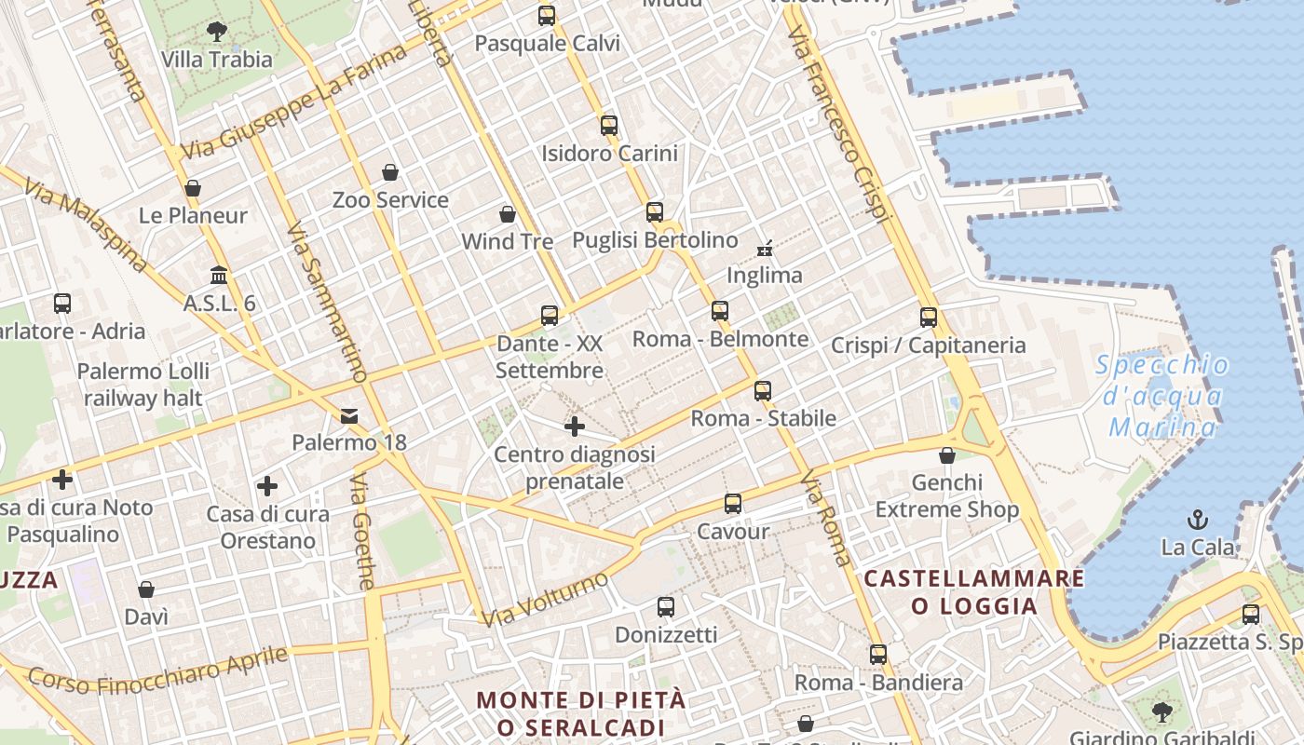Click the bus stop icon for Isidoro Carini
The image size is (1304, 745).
click(609, 125)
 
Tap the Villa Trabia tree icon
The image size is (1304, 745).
click(217, 32)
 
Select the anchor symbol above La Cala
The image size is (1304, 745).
click(1198, 520)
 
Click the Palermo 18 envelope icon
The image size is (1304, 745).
click(349, 415)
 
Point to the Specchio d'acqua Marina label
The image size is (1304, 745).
click(1162, 396)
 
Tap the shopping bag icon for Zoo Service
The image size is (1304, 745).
click(390, 172)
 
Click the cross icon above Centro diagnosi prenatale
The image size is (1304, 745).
click(575, 427)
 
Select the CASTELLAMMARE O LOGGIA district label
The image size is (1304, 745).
click(974, 592)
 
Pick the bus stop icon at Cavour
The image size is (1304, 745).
click(733, 504)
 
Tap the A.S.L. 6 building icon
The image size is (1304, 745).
click(220, 276)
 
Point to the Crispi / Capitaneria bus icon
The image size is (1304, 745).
click(929, 318)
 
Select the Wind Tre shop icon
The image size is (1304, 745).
click(508, 215)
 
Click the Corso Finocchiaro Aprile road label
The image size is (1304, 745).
click(158, 670)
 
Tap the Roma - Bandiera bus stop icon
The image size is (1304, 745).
click(878, 655)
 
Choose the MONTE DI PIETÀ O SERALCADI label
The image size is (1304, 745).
click(581, 713)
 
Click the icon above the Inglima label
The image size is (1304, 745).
click(765, 248)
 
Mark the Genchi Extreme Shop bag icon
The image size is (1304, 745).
click(947, 455)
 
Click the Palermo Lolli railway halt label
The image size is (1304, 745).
click(143, 385)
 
